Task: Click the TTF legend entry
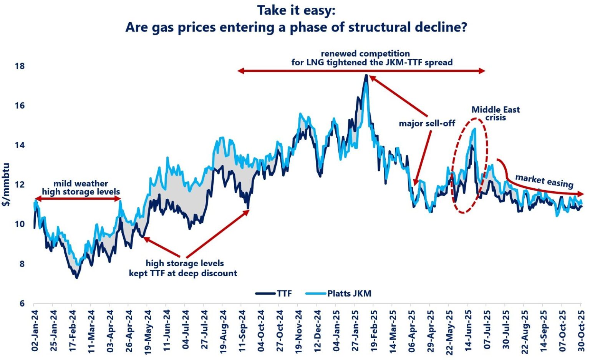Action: tap(273, 293)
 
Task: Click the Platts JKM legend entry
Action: tap(338, 293)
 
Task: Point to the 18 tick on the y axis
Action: tap(20, 66)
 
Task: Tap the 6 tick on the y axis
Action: tap(22, 304)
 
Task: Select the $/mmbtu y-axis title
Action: tap(6, 184)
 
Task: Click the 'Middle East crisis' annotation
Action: tap(496, 113)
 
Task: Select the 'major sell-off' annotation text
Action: tap(427, 123)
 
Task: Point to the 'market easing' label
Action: tap(544, 181)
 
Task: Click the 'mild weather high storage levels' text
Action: tap(81, 187)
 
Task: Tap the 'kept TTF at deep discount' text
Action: tap(183, 273)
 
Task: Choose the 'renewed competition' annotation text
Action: tap(365, 54)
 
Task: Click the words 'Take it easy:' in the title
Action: tap(296, 11)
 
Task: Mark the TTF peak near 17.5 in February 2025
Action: tap(366, 75)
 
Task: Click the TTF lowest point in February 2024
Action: tap(77, 277)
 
